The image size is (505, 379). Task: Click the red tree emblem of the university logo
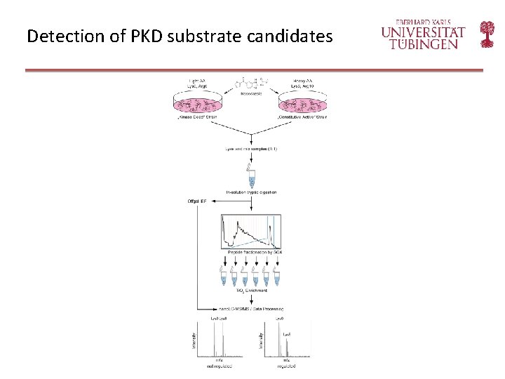[487, 34]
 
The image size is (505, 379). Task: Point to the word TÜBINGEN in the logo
[423, 44]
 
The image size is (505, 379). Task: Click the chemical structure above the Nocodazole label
[250, 86]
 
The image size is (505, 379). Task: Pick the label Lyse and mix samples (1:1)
[251, 149]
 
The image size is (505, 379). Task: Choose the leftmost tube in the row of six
[225, 274]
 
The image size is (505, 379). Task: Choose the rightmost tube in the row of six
[276, 274]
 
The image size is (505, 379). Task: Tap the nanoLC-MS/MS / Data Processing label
[251, 309]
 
